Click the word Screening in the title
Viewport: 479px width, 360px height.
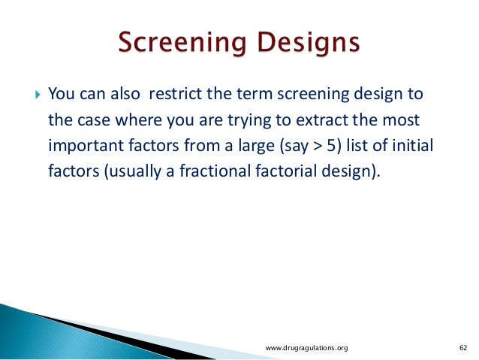[x=182, y=42]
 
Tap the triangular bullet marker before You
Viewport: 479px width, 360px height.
[x=38, y=94]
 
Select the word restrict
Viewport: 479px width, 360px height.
[x=176, y=93]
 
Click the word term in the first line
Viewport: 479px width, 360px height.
[x=255, y=94]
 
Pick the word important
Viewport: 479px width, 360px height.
[x=86, y=146]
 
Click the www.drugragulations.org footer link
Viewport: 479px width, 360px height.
[x=307, y=348]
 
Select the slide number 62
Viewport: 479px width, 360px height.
[x=463, y=348]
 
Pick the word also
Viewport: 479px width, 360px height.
[x=125, y=93]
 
